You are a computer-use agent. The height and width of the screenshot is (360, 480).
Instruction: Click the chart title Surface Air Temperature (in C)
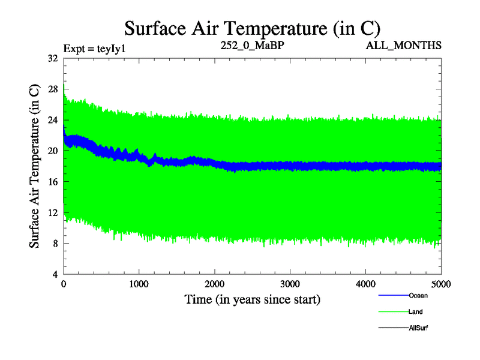252,28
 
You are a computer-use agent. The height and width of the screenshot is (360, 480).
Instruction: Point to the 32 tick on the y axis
52,58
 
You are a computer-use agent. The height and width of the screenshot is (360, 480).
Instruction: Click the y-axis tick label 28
52,89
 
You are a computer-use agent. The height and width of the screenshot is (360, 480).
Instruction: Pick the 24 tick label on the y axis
52,120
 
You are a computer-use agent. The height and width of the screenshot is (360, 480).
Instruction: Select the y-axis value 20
52,151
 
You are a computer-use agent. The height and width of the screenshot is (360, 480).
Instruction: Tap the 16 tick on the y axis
52,182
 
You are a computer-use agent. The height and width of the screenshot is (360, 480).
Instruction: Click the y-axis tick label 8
55,244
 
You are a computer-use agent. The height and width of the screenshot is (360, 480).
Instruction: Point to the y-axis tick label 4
55,274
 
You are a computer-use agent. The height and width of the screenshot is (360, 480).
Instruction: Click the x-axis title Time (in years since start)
252,299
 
